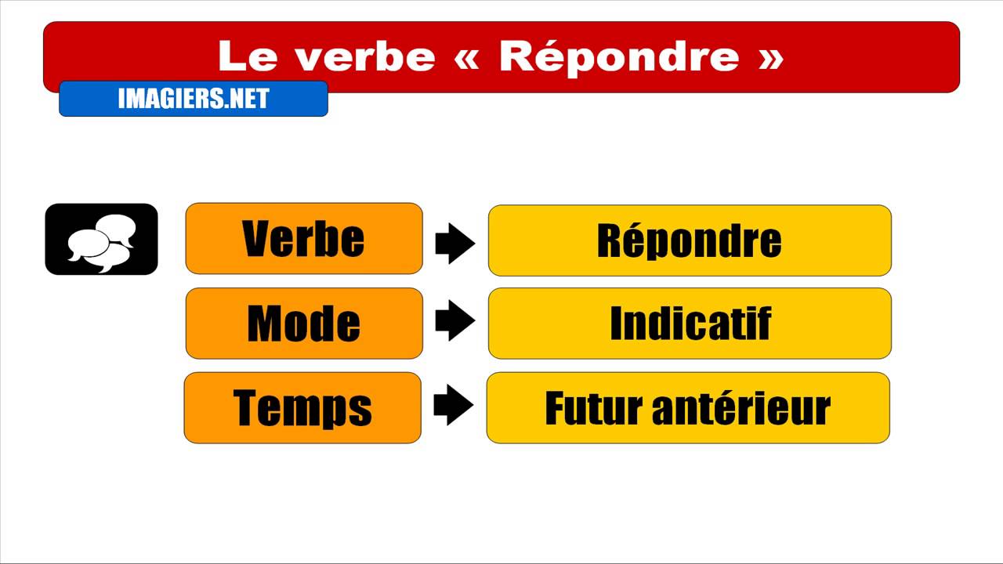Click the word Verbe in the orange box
click(x=303, y=239)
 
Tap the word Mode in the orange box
click(x=303, y=324)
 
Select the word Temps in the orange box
click(x=302, y=408)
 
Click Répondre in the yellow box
click(x=690, y=240)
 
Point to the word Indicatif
click(x=690, y=324)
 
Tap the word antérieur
click(x=736, y=408)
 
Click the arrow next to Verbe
click(x=455, y=243)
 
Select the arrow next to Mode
click(x=455, y=323)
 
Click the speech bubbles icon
click(x=101, y=240)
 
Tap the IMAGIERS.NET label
click(x=194, y=99)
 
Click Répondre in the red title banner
click(x=619, y=56)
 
